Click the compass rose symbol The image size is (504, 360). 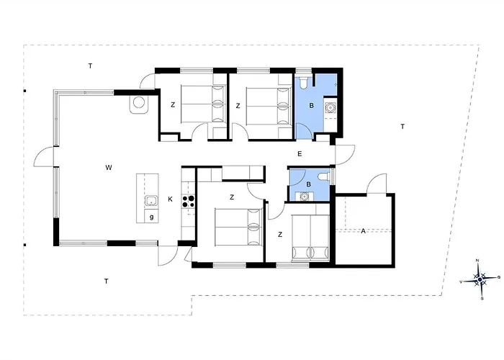(480, 279)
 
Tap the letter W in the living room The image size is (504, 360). (109, 168)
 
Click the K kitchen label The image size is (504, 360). (170, 199)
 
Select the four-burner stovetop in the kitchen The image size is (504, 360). (189, 202)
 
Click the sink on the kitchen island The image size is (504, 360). (150, 201)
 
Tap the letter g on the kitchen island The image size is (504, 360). (151, 217)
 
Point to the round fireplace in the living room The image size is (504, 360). (139, 104)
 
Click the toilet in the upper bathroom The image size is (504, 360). (303, 83)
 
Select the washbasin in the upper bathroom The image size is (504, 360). (330, 107)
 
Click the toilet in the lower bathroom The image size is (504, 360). (323, 176)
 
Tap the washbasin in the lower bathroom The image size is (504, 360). (303, 196)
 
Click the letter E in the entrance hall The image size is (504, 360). (300, 154)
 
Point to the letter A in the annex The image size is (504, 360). (363, 231)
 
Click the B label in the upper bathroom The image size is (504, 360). (311, 105)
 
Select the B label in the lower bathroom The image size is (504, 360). (309, 184)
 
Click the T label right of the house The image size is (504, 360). (402, 127)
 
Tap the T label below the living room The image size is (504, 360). (106, 282)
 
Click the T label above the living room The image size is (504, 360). (90, 66)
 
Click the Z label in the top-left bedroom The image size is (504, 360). (173, 105)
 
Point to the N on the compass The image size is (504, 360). (477, 261)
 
